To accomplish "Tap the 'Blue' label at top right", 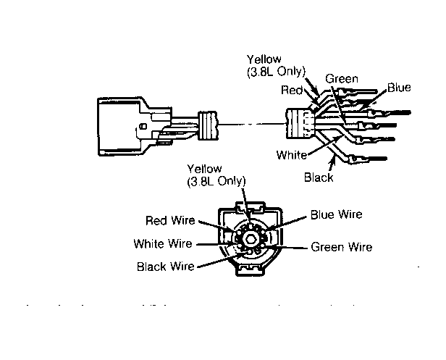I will [399, 88].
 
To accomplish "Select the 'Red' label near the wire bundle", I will [293, 91].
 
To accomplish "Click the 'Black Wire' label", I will [164, 267].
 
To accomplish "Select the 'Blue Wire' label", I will [336, 214].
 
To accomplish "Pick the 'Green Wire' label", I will [341, 247].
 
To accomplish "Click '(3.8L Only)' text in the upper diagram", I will [276, 70].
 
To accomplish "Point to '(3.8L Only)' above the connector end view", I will [216, 181].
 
